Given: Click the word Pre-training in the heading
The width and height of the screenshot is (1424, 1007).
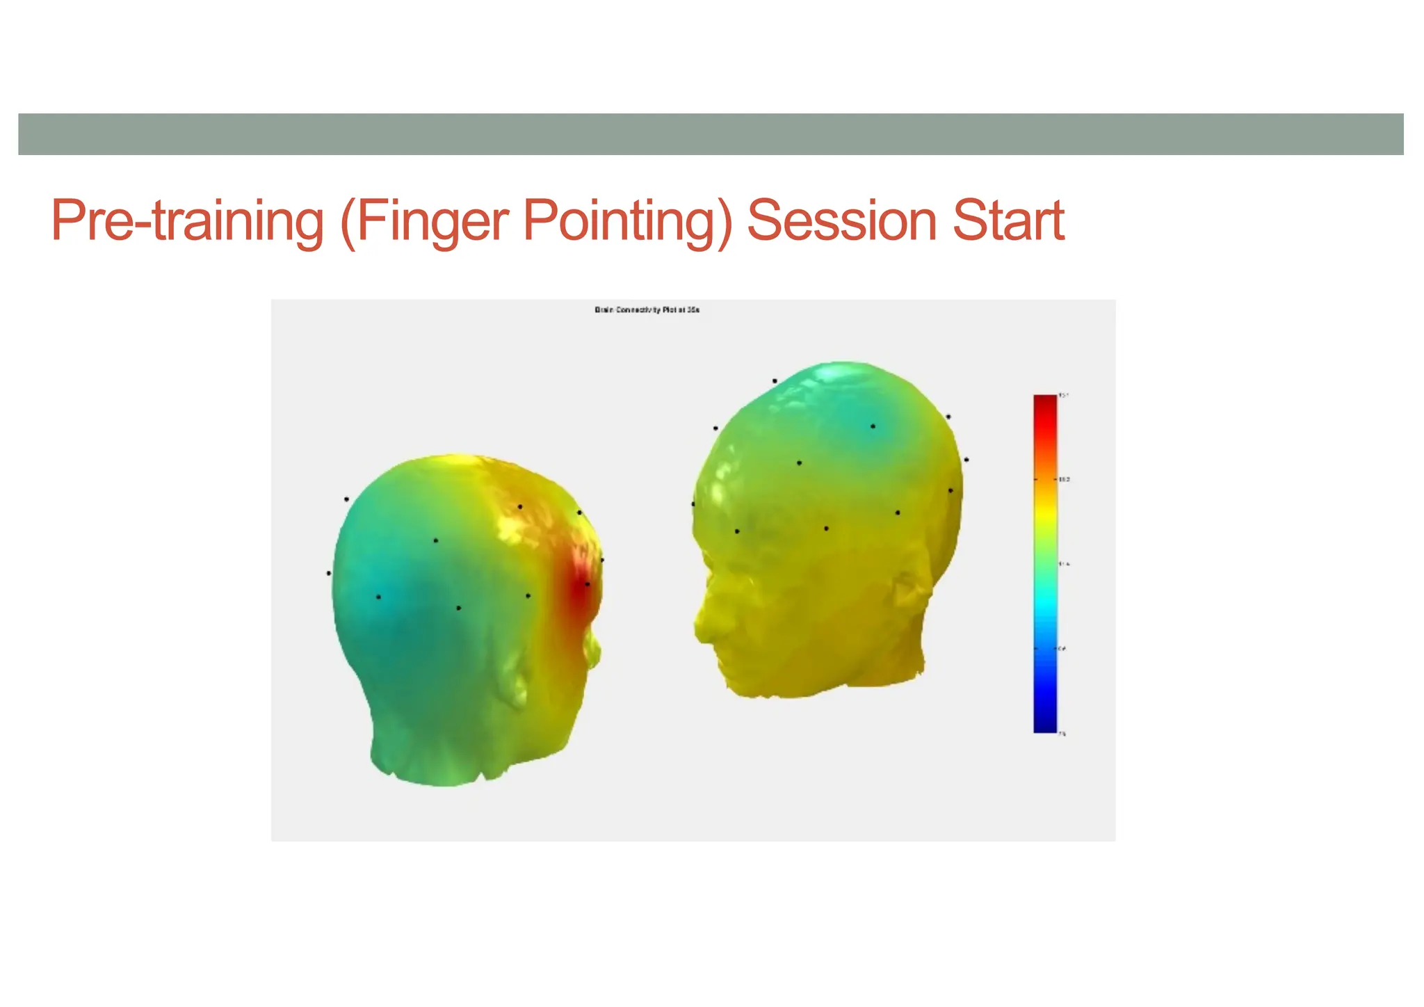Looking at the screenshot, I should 187,221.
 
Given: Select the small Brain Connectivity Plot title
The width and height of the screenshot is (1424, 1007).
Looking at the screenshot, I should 647,310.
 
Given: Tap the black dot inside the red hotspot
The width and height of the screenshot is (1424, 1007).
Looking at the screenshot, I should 588,584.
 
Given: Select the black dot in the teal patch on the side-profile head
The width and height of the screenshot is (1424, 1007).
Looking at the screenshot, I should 873,426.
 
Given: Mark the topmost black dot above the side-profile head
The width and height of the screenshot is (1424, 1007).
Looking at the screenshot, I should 775,381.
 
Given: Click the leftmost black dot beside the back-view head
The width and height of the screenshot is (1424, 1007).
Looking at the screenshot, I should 329,573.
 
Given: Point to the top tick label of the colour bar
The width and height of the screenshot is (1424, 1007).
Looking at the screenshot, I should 1063,396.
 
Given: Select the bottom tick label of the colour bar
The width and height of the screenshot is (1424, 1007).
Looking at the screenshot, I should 1062,734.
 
